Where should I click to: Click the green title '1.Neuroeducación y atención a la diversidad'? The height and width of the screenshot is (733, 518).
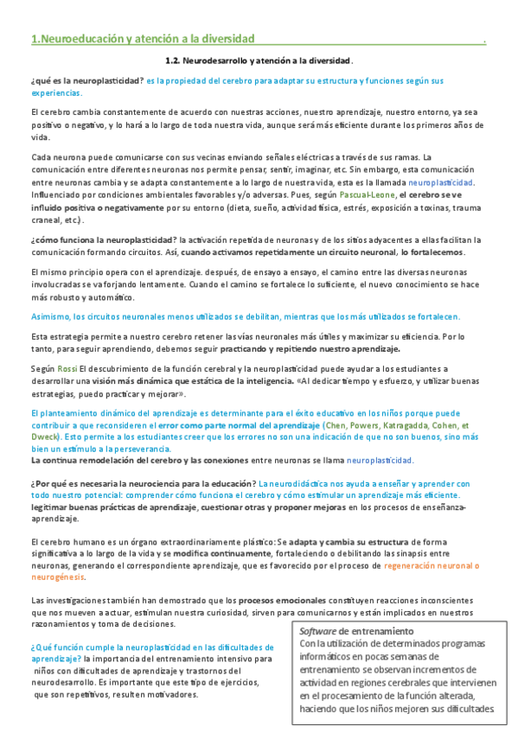click(x=143, y=39)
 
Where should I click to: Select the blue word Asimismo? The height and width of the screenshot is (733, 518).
click(x=49, y=316)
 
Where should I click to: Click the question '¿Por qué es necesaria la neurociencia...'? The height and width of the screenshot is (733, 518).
click(x=143, y=483)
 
